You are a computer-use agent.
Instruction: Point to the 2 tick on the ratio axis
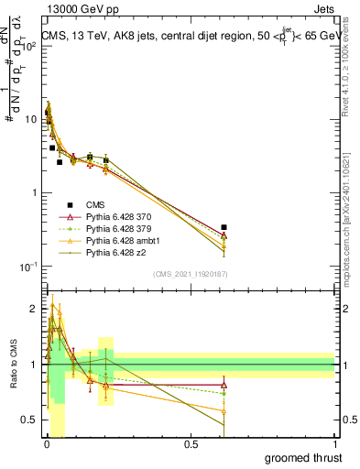37,309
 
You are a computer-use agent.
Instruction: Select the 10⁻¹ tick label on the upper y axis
29,266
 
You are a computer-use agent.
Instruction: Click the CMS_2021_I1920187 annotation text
189,274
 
